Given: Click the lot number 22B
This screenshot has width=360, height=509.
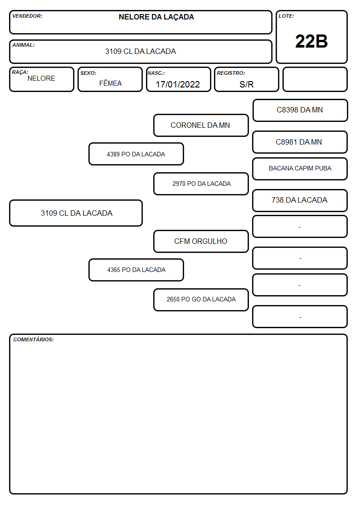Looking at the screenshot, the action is click(311, 41).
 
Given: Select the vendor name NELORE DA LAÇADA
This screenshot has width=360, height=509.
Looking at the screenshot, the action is click(156, 17).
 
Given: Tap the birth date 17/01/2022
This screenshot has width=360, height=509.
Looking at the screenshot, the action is click(178, 84).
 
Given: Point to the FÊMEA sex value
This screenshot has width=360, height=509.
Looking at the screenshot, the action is click(110, 83).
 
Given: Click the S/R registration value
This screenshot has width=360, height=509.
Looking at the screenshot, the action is click(246, 84).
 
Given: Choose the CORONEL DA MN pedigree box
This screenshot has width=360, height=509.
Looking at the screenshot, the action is click(201, 125).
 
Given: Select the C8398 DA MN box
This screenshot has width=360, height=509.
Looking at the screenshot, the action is click(300, 111).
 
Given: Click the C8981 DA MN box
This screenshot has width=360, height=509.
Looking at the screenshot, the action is click(300, 142).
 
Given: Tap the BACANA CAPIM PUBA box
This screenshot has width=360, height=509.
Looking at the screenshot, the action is click(300, 169).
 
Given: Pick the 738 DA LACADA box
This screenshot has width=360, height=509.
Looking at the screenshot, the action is click(300, 200).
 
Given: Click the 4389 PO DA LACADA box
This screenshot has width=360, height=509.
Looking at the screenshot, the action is click(136, 154).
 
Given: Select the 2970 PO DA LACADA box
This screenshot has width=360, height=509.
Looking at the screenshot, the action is click(201, 184).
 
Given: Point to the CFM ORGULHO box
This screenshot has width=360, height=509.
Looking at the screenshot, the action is click(201, 241).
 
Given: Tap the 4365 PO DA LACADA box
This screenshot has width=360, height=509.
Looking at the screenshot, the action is click(136, 270).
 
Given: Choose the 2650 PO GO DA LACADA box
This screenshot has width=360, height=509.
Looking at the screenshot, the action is click(201, 300).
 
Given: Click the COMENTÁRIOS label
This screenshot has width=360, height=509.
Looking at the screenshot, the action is click(34, 339).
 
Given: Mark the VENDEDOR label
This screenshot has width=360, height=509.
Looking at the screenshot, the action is click(27, 16).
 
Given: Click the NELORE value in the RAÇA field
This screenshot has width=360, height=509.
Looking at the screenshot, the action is click(41, 78).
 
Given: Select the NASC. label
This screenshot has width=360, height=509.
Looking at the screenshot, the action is click(156, 73).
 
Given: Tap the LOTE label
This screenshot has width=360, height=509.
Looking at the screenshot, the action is click(286, 16).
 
